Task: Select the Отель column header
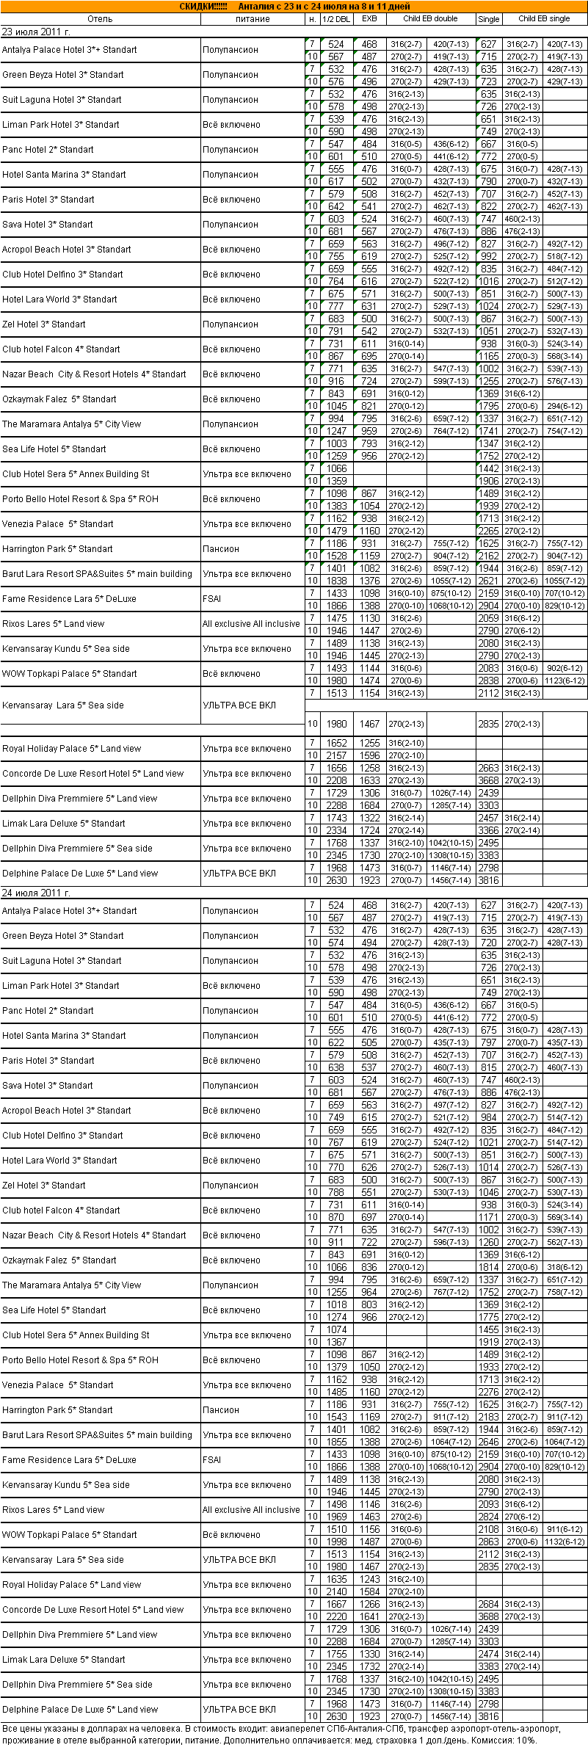point(100,19)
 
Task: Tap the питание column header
point(253,19)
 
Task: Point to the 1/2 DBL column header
point(336,19)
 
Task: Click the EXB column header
point(369,19)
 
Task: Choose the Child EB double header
point(430,19)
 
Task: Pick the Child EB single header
point(543,19)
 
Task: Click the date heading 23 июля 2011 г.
point(36,32)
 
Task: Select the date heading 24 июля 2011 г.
point(36,893)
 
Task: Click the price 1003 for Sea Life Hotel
point(336,443)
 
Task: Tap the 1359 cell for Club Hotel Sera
point(336,481)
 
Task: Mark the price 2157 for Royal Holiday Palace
point(336,755)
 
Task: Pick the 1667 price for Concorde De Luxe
point(336,1603)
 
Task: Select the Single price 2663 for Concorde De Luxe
point(488,768)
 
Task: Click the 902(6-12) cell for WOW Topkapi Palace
point(565,668)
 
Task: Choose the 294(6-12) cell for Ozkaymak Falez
point(565,406)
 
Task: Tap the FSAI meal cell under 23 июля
point(212,599)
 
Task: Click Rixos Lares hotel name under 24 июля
point(53,1509)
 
